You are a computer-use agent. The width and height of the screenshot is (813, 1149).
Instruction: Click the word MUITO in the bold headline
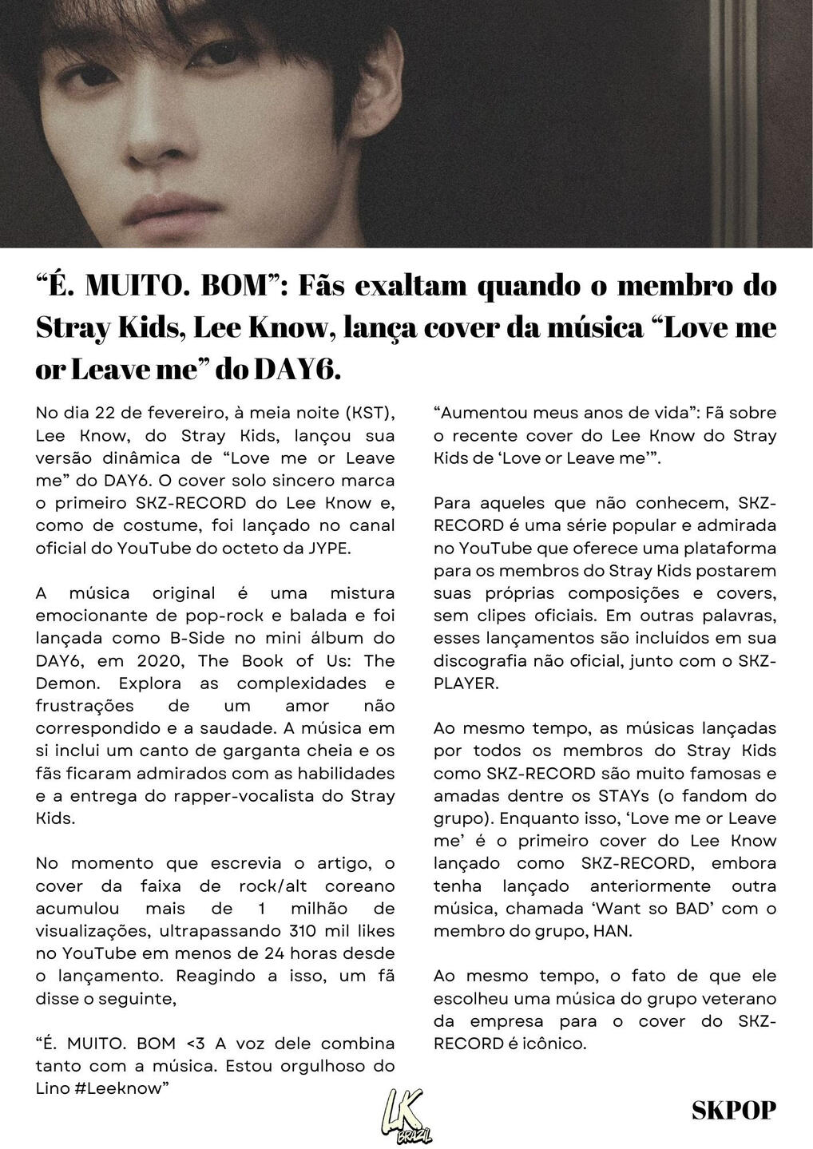tap(134, 285)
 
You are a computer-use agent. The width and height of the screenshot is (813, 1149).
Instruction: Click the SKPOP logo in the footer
tap(734, 1110)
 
